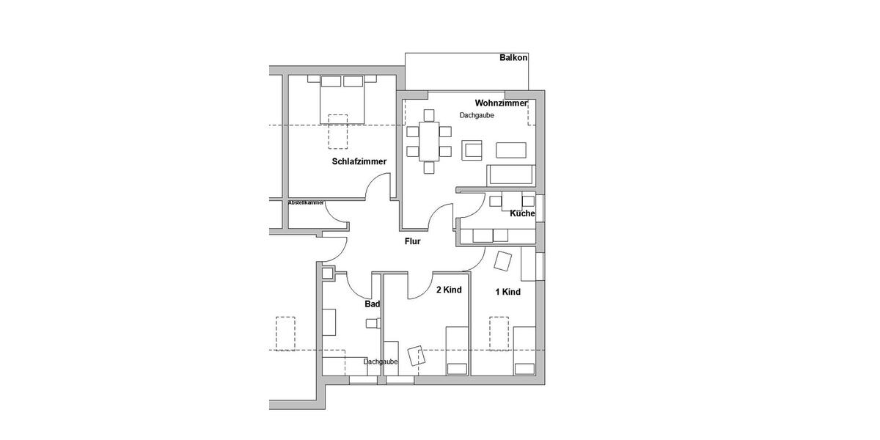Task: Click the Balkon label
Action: click(513, 57)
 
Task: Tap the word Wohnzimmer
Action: click(501, 103)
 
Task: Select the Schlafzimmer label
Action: click(359, 161)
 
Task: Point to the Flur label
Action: click(412, 241)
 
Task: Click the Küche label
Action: click(523, 213)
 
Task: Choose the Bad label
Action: click(372, 304)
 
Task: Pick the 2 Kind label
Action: click(449, 290)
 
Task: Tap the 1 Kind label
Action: click(507, 292)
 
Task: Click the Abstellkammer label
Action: click(306, 202)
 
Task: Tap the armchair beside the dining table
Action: click(472, 150)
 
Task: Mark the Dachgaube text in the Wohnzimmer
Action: click(477, 115)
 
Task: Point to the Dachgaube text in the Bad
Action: click(381, 362)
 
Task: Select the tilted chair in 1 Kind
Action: click(504, 261)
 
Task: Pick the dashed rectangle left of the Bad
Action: click(285, 334)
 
